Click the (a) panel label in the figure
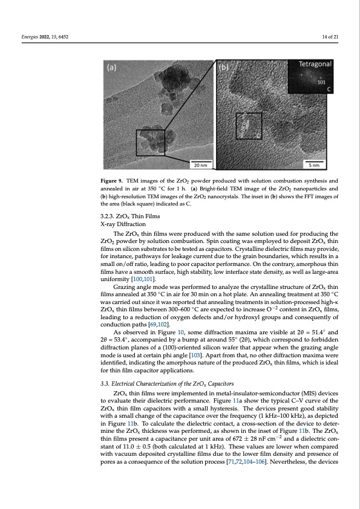[112, 68]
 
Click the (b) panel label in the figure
[224, 68]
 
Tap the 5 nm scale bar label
[315, 163]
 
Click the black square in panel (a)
[150, 142]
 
